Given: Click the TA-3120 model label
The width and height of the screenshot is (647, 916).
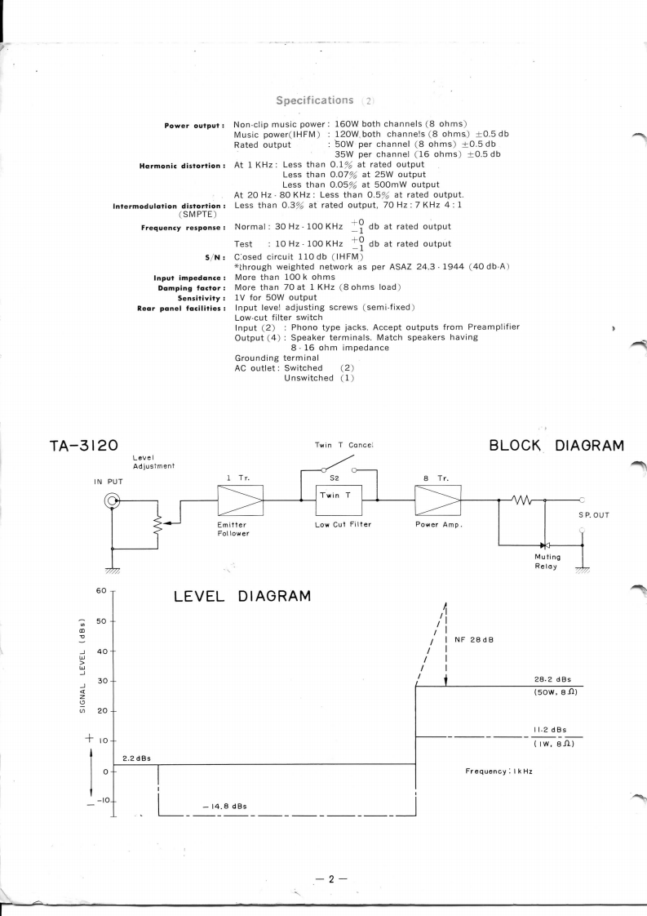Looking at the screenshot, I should (x=78, y=445).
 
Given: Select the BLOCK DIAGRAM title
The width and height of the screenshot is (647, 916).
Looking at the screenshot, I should (x=556, y=445).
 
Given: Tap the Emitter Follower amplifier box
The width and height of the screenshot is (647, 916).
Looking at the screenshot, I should (x=240, y=497).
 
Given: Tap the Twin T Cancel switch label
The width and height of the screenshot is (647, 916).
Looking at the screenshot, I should (x=343, y=445).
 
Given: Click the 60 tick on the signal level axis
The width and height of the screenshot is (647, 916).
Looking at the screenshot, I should (x=102, y=590).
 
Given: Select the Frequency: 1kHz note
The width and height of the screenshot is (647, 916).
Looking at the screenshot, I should (x=498, y=771).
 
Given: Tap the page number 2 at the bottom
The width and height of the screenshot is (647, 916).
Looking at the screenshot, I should (x=331, y=878).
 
